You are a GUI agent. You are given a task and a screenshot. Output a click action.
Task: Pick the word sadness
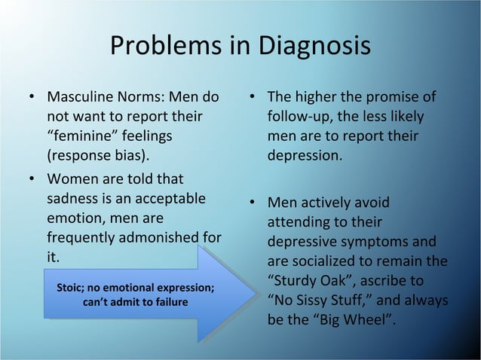[72, 200]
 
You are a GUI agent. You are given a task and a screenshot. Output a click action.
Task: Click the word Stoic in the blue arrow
[74, 288]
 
